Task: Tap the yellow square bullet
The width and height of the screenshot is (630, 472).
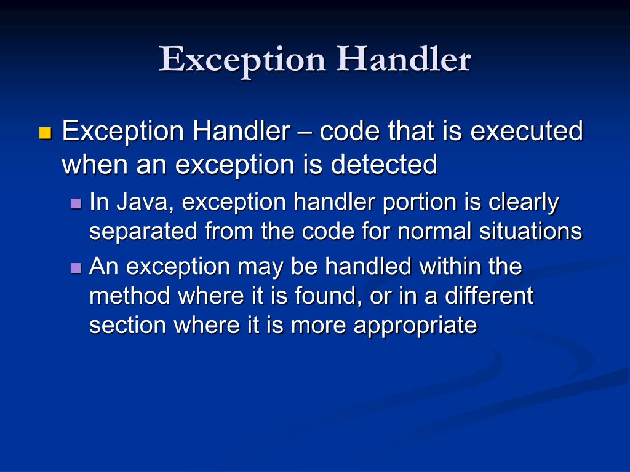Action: pos(44,133)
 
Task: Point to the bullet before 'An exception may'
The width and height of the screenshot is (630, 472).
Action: pos(76,268)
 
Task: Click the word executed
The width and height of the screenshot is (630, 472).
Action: pos(525,131)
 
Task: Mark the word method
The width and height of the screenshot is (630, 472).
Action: pos(130,296)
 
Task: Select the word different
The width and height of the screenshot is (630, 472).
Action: pos(489,296)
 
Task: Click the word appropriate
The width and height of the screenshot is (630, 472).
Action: pos(415,326)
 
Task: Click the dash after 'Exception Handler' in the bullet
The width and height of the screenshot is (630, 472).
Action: pos(305,132)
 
